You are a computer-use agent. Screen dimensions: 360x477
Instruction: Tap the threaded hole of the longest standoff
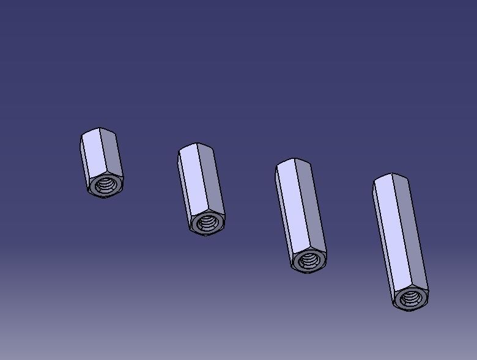coord(410,298)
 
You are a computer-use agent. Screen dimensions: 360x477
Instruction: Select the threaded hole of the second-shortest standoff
coord(208,223)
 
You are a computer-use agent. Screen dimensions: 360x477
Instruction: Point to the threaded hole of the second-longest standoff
coord(309,261)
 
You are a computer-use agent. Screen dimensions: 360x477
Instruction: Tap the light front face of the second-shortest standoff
coord(191,182)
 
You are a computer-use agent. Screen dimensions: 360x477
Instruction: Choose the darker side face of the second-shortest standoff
coord(210,180)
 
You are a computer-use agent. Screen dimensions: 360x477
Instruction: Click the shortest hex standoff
coord(102,162)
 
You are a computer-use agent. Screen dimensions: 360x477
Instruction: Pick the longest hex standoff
coord(400,241)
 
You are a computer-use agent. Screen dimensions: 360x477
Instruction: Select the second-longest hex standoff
coord(300,214)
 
